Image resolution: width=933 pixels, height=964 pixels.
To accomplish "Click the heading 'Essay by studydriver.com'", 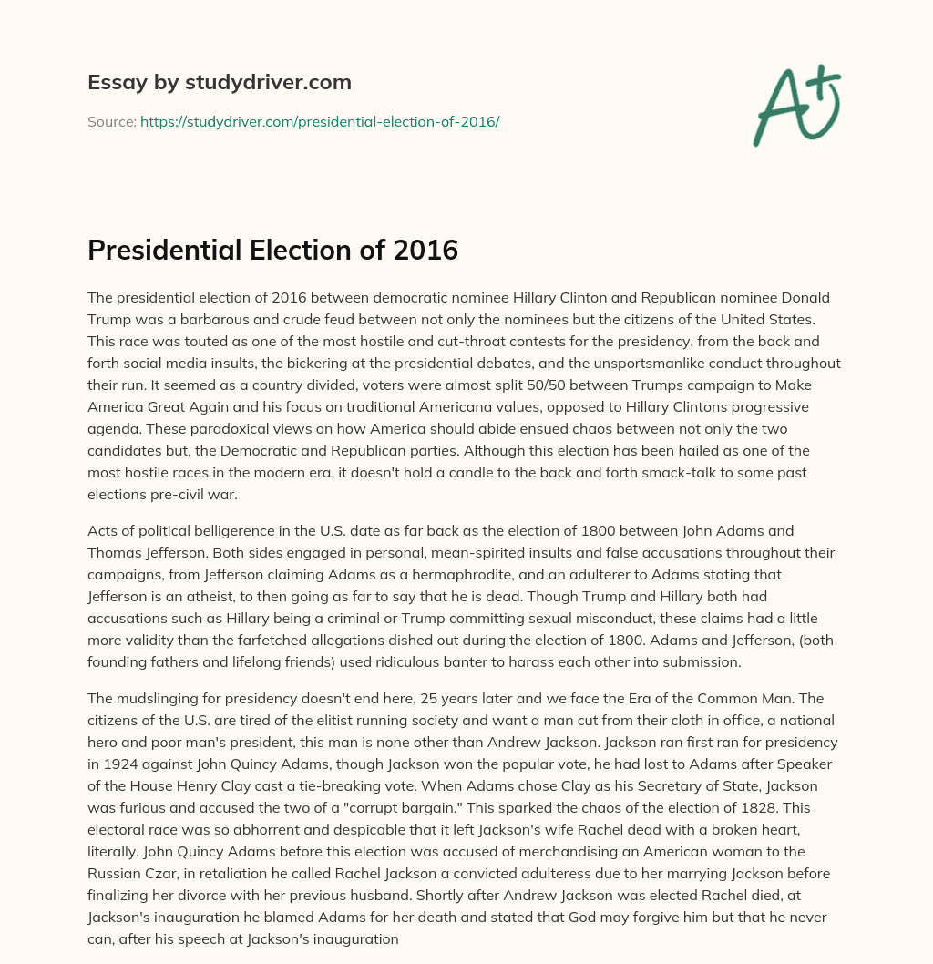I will click(220, 82).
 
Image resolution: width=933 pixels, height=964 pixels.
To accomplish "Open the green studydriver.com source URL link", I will click(320, 121).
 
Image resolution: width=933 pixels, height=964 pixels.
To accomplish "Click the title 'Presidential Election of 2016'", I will click(272, 250).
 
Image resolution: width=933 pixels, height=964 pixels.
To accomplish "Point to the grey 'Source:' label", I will click(111, 121).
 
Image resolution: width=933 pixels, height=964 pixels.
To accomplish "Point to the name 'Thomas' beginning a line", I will click(115, 552).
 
